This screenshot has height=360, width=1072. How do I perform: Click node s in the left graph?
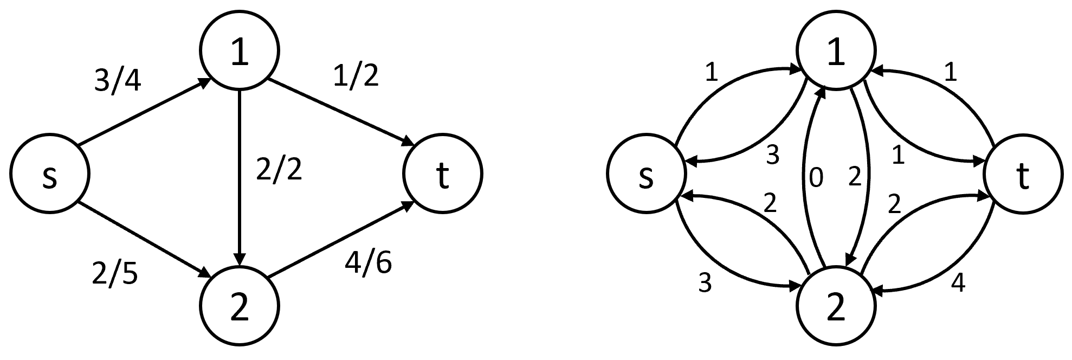coord(49,175)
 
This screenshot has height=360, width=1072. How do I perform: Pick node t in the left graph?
coord(442,175)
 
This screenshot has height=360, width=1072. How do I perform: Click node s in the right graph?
coord(645,175)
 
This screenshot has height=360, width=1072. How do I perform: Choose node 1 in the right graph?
coord(836,53)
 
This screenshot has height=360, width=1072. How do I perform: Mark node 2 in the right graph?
coord(836,305)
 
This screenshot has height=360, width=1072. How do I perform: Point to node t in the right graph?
coord(1023,175)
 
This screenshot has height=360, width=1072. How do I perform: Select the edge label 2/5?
coord(115,274)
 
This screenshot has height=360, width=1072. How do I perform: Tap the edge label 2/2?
coord(279,170)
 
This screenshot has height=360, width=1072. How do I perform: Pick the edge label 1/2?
coord(356,76)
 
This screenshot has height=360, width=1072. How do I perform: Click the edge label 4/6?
coord(369,262)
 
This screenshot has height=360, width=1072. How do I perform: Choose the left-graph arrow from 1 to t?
coord(340,113)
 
